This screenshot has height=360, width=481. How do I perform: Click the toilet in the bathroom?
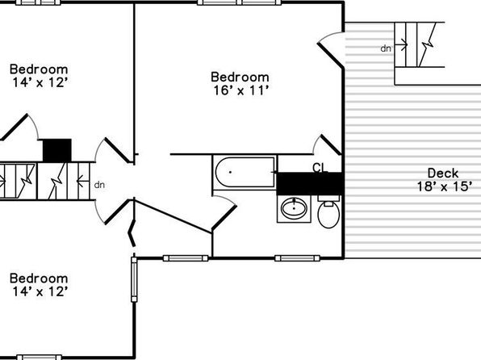pos(328,211)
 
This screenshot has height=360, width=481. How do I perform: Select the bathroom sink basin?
pos(294,207)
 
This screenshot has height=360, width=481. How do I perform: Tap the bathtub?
pos(245,172)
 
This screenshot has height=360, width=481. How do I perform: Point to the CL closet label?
pos(320,168)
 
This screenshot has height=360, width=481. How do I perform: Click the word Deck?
pos(443,173)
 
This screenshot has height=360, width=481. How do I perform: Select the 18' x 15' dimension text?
pos(443,186)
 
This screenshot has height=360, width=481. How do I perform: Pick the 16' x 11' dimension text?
pos(240,90)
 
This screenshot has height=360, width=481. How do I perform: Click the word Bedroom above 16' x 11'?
pos(240,77)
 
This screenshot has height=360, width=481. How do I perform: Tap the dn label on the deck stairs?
pos(386,48)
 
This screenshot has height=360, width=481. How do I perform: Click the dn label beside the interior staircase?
pos(99,185)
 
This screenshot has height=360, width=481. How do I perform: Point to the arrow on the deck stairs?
pos(401,45)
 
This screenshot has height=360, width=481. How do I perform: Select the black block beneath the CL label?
pos(310,183)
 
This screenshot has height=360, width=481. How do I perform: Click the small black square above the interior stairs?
pos(57,150)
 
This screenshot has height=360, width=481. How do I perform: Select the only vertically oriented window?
pos(134,279)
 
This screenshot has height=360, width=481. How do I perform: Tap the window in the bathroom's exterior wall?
pos(297,258)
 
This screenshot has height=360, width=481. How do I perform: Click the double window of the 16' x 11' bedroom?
pos(239,2)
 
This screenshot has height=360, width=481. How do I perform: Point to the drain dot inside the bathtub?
pos(230,172)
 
